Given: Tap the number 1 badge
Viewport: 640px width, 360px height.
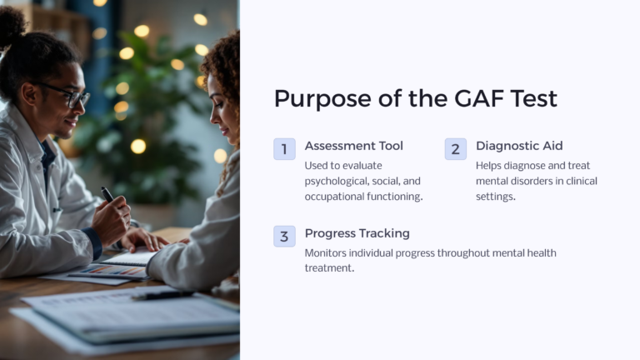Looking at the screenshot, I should pyautogui.click(x=284, y=149).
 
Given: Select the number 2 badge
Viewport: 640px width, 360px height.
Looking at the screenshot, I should pyautogui.click(x=455, y=149).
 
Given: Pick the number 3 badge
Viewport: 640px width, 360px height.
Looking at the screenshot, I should pyautogui.click(x=284, y=237).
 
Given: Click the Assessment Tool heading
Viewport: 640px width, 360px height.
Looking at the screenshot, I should pyautogui.click(x=353, y=146).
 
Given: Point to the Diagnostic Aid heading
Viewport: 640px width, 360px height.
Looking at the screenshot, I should pyautogui.click(x=519, y=146).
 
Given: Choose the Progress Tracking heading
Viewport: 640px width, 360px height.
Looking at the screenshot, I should pyautogui.click(x=357, y=233).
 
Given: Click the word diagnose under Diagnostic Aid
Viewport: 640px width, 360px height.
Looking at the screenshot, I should pyautogui.click(x=532, y=165).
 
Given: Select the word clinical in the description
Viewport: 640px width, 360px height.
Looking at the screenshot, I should pyautogui.click(x=580, y=181).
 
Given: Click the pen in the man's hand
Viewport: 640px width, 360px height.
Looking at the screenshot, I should pyautogui.click(x=107, y=194).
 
